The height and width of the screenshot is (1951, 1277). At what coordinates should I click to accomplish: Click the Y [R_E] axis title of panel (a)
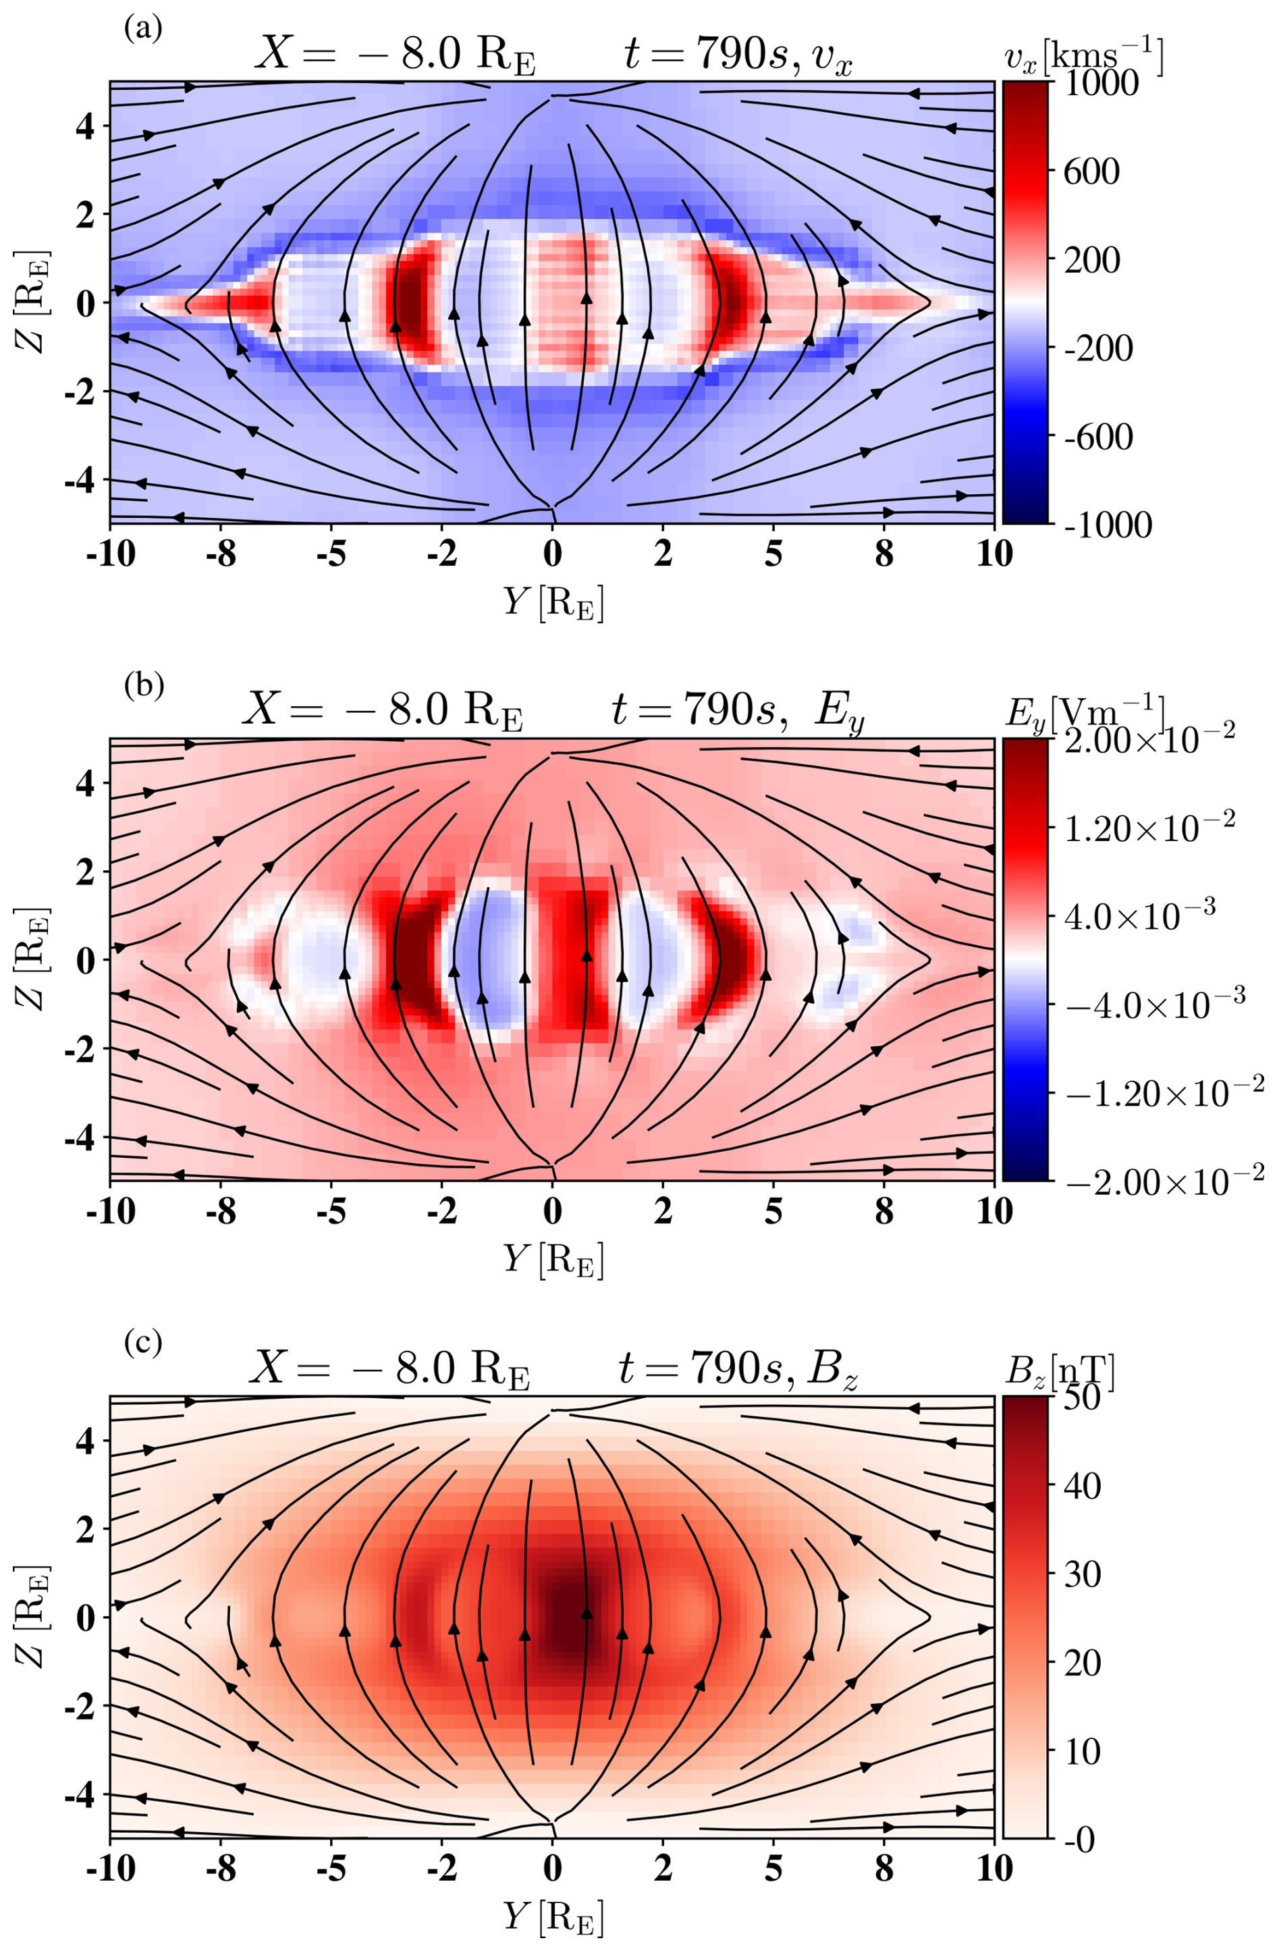(x=553, y=604)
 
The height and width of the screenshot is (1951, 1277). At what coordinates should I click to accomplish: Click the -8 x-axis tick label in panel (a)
(x=221, y=554)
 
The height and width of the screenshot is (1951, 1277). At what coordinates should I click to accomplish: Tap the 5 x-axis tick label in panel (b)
(x=773, y=1212)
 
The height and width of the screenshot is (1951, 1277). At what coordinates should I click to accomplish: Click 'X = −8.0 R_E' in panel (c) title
(x=389, y=1369)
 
